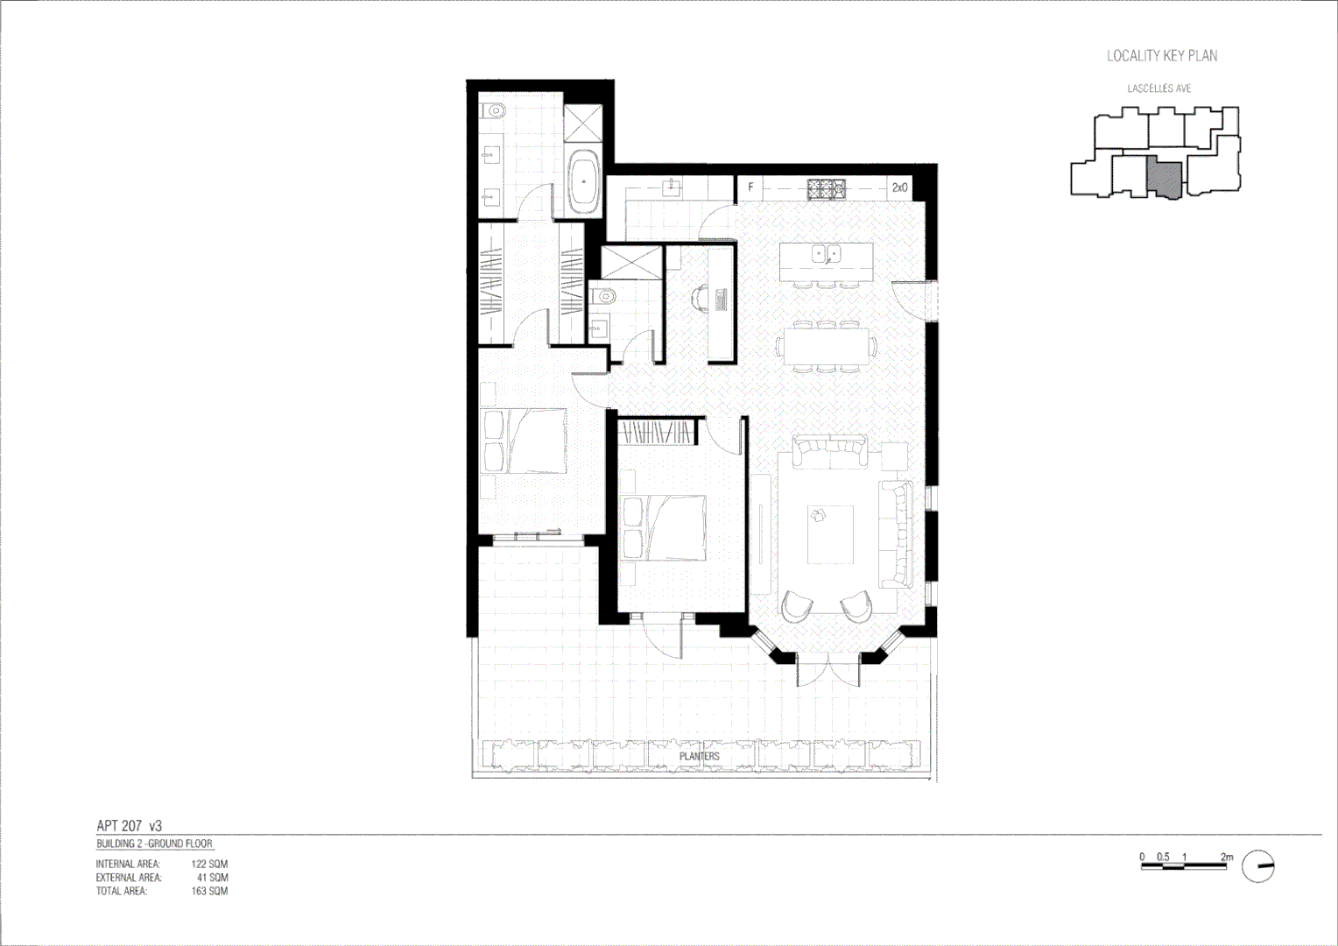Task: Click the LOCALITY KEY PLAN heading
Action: pyautogui.click(x=1161, y=56)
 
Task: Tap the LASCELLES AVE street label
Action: pyautogui.click(x=1158, y=88)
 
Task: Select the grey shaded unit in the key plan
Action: pyautogui.click(x=1165, y=178)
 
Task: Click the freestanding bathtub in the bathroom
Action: pyautogui.click(x=584, y=181)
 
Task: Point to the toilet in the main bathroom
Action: pyautogui.click(x=496, y=111)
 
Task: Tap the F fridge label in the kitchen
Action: pyautogui.click(x=750, y=187)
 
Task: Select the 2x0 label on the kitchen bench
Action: pyautogui.click(x=899, y=187)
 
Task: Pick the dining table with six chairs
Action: pyautogui.click(x=827, y=345)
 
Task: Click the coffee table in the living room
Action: pyautogui.click(x=829, y=534)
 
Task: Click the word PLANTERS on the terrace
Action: pyautogui.click(x=699, y=756)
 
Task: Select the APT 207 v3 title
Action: pyautogui.click(x=129, y=826)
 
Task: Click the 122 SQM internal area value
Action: pyautogui.click(x=209, y=864)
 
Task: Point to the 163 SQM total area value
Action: pyautogui.click(x=209, y=891)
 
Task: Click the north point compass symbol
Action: pyautogui.click(x=1258, y=866)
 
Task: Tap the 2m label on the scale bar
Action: pyautogui.click(x=1226, y=857)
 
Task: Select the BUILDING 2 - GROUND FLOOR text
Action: pyautogui.click(x=154, y=844)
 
